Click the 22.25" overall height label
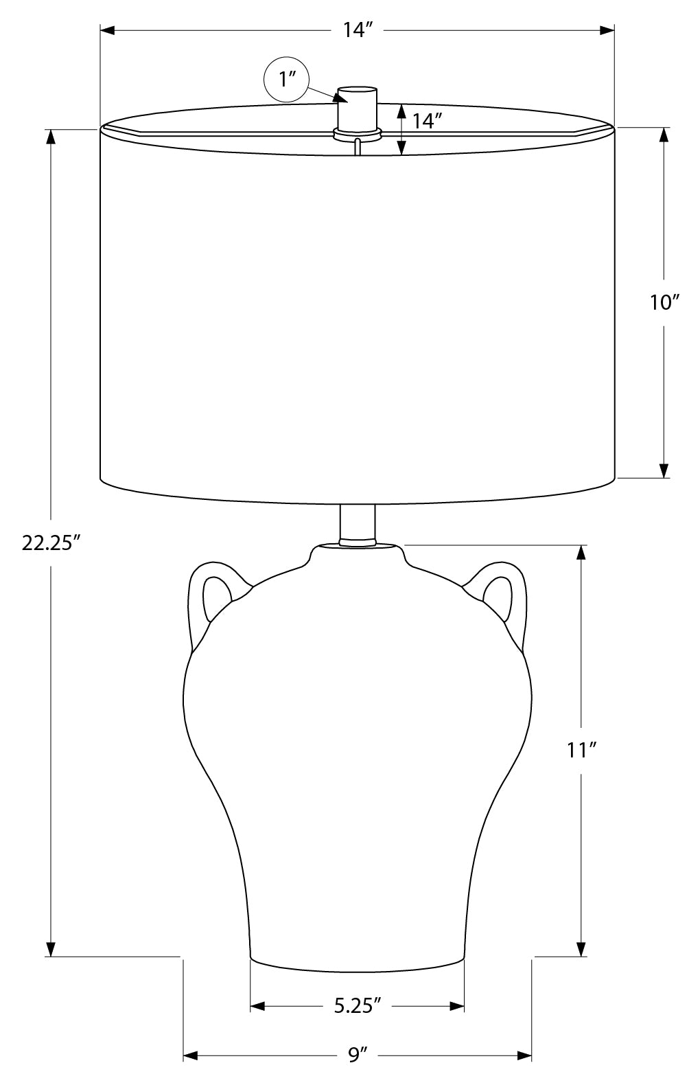(50, 543)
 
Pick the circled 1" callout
(286, 80)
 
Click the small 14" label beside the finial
(427, 121)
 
